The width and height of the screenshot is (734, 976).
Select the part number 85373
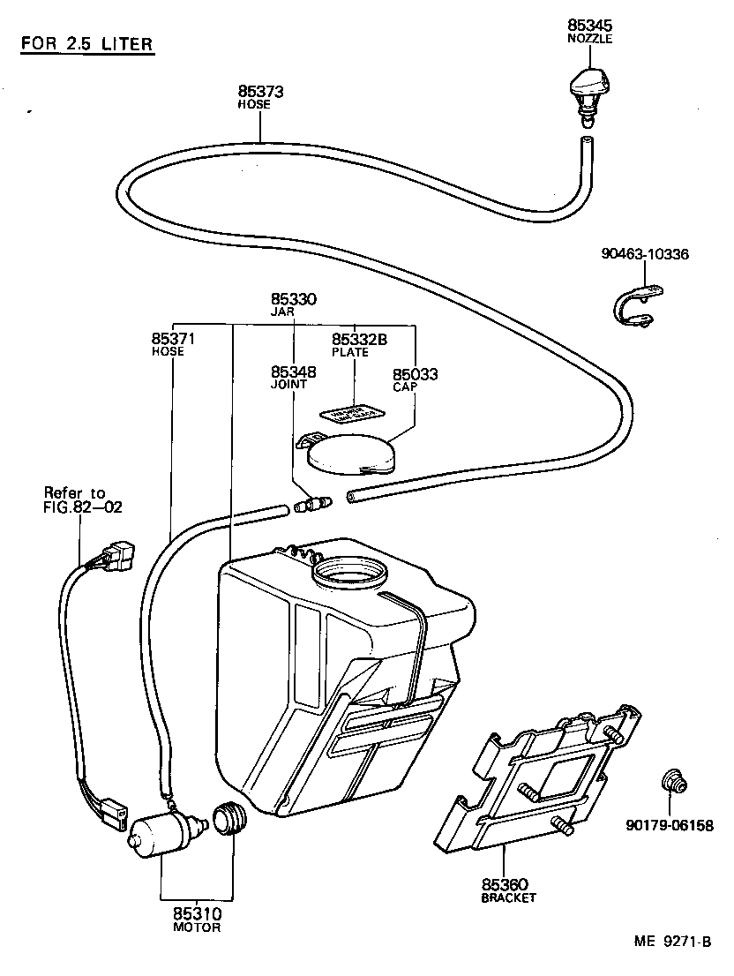point(260,91)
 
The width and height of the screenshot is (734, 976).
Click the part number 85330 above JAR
point(293,300)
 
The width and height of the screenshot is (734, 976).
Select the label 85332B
point(360,339)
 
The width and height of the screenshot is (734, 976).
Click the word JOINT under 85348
point(288,385)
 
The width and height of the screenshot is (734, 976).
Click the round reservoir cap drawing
point(351,454)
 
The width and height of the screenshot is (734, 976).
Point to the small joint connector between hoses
point(312,506)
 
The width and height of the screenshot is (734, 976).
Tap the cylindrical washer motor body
point(161,835)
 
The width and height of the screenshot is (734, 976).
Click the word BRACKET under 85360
point(508,897)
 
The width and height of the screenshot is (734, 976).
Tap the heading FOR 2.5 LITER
point(86,44)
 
